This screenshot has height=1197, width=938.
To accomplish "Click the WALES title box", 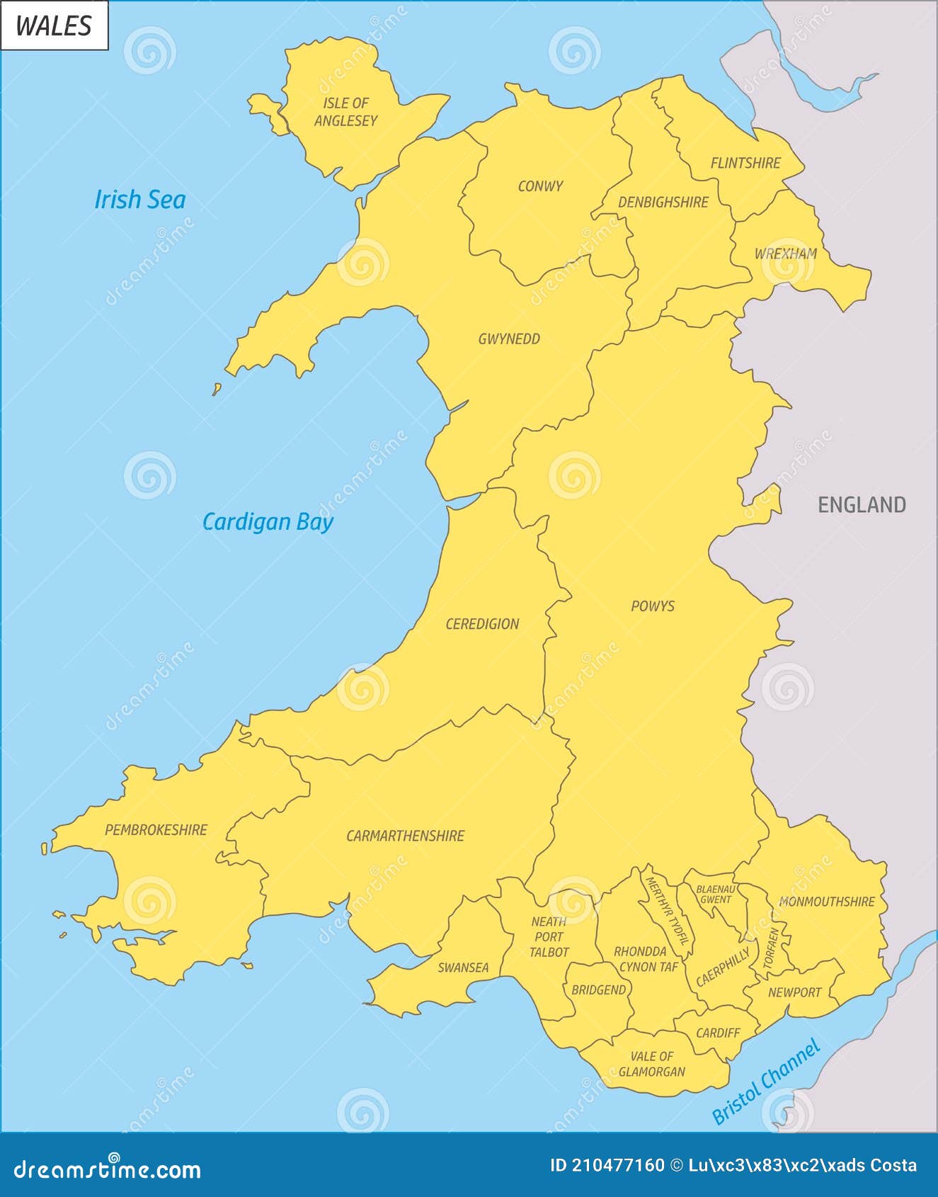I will [x=54, y=25].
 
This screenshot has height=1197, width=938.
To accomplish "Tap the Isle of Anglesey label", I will [x=346, y=112].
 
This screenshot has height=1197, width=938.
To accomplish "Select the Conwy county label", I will [x=540, y=186].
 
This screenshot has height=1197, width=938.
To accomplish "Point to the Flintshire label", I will [x=745, y=163].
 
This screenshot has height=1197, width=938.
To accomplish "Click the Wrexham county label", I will [x=785, y=254].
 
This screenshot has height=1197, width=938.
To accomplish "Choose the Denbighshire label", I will [x=663, y=203].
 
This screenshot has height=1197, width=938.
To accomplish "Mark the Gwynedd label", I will [x=509, y=339].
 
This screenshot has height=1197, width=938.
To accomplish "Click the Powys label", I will [x=653, y=606].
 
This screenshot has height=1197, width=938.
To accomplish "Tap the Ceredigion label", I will [x=482, y=624].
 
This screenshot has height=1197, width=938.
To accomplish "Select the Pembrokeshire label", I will [x=156, y=830].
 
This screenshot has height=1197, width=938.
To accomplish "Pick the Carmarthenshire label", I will [x=405, y=836].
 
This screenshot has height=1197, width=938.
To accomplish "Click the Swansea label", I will [x=463, y=968].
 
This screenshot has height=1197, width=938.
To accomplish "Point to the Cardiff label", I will [x=718, y=1033].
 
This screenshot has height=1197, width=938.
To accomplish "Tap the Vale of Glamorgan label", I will [x=652, y=1064].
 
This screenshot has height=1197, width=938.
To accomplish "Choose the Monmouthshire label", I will [x=827, y=902].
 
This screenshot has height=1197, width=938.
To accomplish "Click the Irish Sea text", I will [x=140, y=200].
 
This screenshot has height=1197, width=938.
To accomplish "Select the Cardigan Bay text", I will [x=268, y=522].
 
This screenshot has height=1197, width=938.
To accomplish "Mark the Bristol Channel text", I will [x=766, y=1082].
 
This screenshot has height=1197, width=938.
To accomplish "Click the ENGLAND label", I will [x=862, y=505].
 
